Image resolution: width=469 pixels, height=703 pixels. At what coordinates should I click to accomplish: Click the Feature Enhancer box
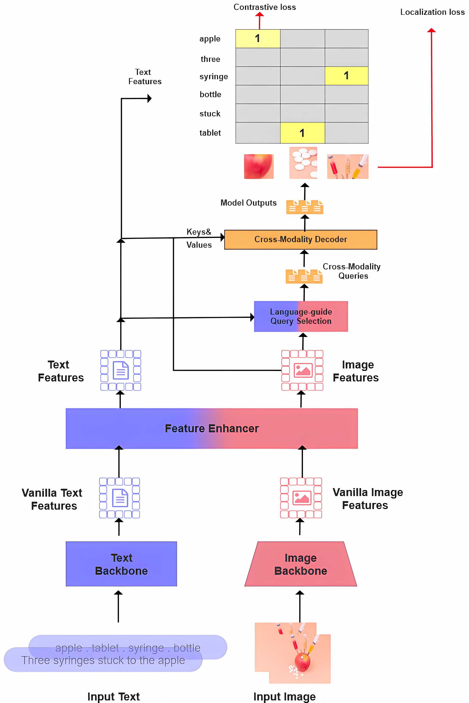(212, 428)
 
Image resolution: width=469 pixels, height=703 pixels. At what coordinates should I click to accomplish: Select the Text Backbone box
(121, 564)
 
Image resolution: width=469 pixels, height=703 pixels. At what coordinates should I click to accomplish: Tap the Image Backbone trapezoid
(301, 564)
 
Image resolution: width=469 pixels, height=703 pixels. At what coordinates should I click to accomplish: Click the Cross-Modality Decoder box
(301, 239)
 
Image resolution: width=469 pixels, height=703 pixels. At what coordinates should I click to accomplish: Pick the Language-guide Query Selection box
(301, 316)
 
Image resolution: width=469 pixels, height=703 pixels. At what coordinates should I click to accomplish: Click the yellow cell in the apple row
(258, 39)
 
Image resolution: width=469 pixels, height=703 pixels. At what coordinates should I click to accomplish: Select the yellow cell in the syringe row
(346, 76)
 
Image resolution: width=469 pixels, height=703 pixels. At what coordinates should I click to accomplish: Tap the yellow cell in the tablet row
(303, 133)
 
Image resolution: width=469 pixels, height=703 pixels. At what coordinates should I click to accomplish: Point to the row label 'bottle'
(210, 94)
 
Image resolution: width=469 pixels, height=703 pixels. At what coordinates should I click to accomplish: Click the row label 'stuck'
(210, 114)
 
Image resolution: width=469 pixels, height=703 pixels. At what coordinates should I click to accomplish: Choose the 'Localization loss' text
(432, 12)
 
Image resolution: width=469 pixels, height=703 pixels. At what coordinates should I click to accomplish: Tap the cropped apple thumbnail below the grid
(259, 166)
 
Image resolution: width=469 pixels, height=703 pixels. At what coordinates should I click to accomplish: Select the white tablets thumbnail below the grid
(303, 163)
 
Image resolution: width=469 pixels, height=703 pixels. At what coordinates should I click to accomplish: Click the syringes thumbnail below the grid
(348, 166)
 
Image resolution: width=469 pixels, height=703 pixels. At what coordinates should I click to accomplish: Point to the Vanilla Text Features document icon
(120, 498)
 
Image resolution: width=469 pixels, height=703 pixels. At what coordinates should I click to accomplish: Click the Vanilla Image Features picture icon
(301, 498)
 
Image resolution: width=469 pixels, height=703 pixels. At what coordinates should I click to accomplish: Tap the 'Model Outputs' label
(248, 203)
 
